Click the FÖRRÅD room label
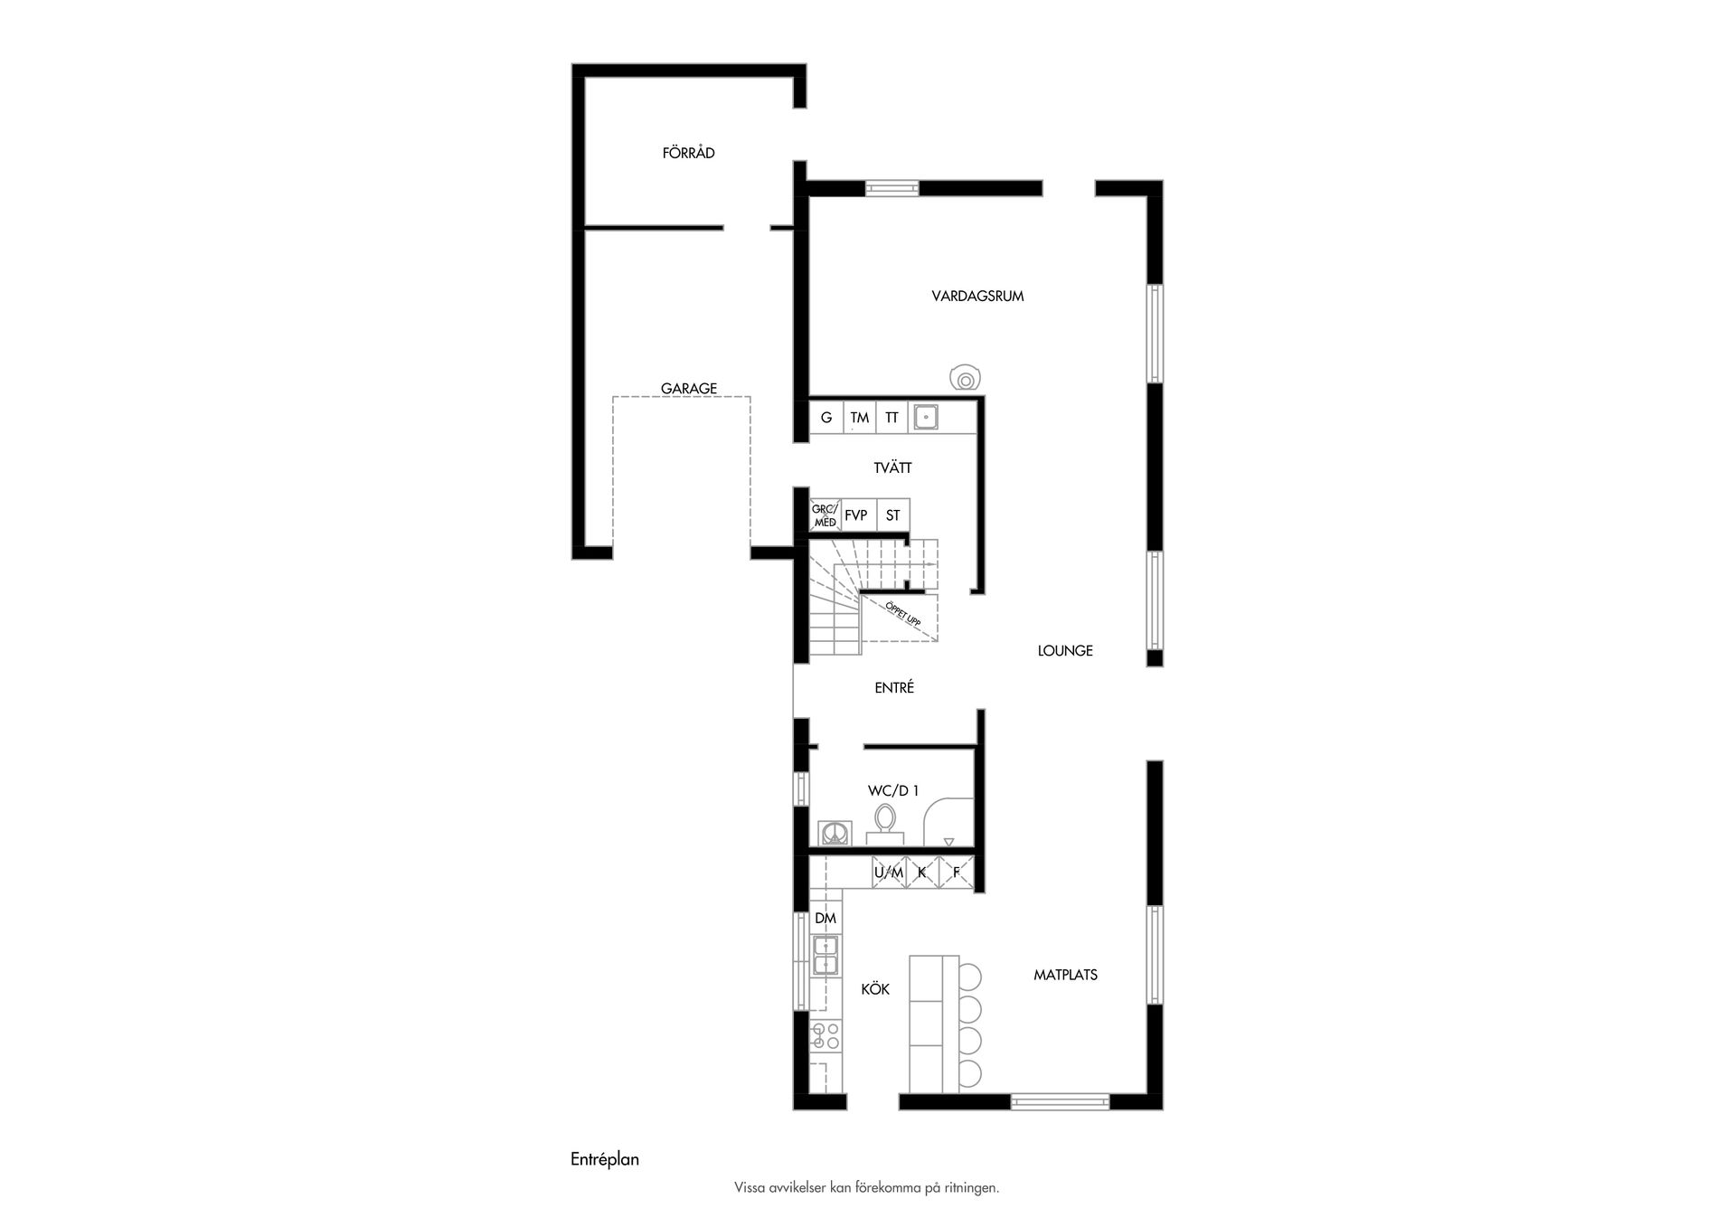tap(688, 153)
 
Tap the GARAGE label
tap(688, 388)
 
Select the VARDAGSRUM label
tap(977, 296)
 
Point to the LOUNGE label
tap(1065, 650)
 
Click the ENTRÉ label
tap(893, 687)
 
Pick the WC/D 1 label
tap(893, 790)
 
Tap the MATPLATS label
tap(1065, 975)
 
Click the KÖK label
tap(874, 989)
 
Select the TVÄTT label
tap(892, 467)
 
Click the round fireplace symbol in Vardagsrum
tap(966, 379)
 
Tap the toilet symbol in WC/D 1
tap(884, 821)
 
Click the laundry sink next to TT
tap(925, 417)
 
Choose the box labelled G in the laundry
tap(826, 418)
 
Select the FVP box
tap(855, 515)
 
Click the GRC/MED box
tap(824, 515)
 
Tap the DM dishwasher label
tap(825, 918)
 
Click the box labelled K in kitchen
tap(921, 873)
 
